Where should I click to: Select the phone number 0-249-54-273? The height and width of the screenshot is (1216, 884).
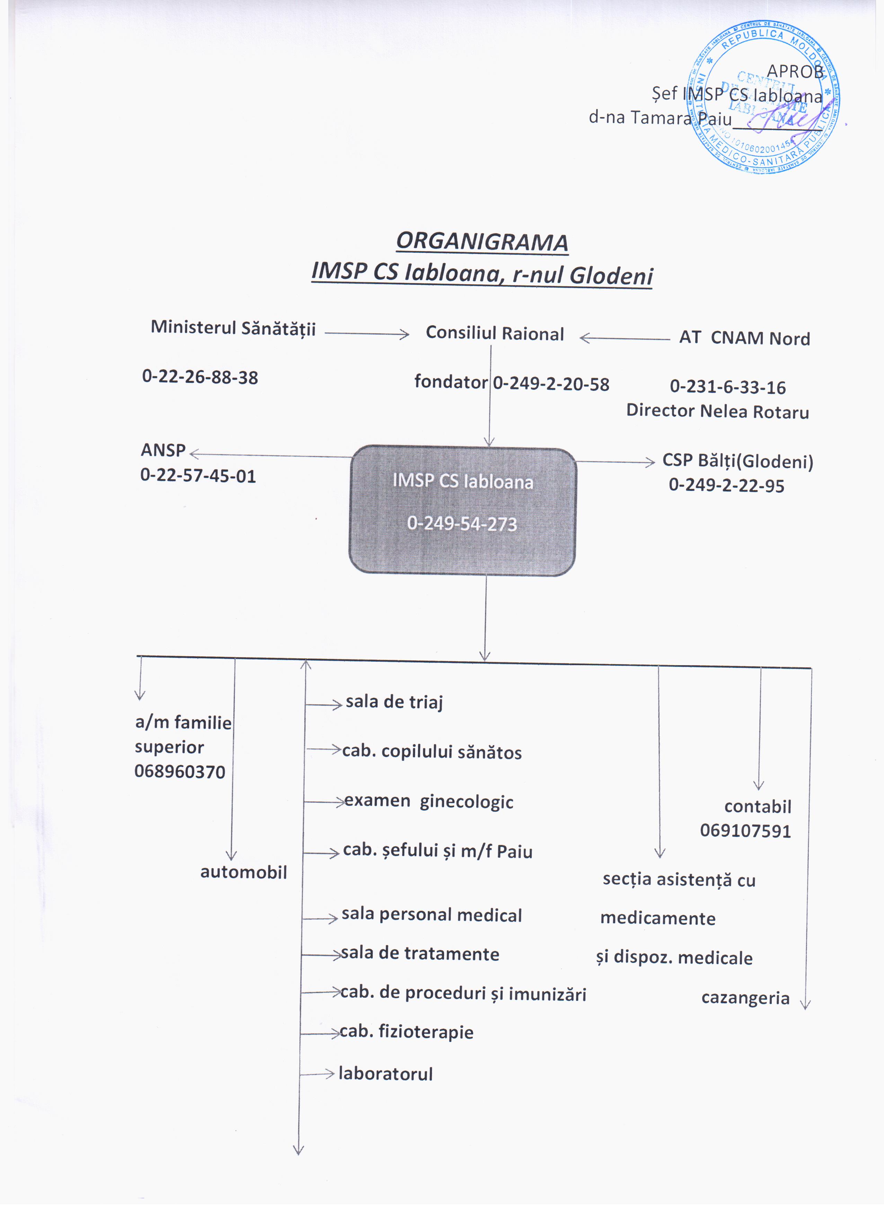coord(462,524)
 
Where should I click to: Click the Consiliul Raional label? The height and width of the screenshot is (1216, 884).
coord(494,334)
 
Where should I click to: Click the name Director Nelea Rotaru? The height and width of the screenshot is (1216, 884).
coord(717,411)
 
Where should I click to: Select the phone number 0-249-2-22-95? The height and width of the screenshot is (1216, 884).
coord(726,486)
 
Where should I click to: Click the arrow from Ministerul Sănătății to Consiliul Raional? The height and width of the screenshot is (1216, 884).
coord(367,334)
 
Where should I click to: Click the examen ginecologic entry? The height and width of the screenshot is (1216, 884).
coord(428,802)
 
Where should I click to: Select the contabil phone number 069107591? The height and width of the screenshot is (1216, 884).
coord(745,831)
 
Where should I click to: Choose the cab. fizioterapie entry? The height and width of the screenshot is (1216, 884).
coord(406,1032)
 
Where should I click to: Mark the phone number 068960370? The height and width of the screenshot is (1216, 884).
coord(179,772)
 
